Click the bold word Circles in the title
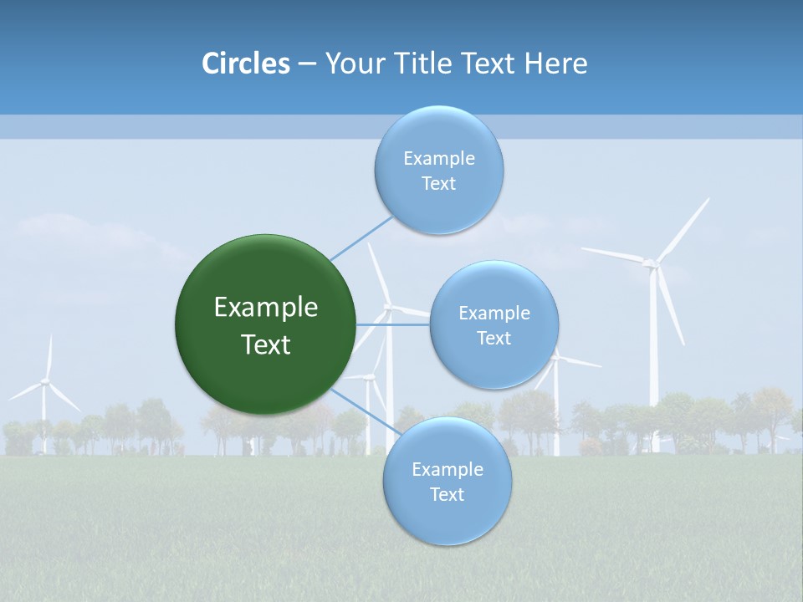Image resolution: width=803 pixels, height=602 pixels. pos(245,64)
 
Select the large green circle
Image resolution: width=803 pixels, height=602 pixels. pos(265,324)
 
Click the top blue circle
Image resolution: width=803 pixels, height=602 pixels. pos(438,171)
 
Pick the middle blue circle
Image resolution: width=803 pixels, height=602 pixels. pos(494,324)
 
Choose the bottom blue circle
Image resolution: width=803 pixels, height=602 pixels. pos(447,482)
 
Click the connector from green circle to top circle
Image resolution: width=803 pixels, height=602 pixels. pos(361,237)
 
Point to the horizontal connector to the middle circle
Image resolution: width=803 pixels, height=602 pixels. pos(393,324)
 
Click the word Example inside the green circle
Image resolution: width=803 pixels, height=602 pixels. pos(265,308)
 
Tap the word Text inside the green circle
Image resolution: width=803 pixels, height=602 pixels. pos(265,344)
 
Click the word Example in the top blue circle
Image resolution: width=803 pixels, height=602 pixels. pos(438,158)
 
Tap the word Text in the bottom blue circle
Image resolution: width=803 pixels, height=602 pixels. pos(447,494)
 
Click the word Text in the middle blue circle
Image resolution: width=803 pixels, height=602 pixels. pos(494,338)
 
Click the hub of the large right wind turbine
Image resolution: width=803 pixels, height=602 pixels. pos(651,263)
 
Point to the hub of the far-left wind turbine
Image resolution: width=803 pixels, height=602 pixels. pos(44,382)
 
